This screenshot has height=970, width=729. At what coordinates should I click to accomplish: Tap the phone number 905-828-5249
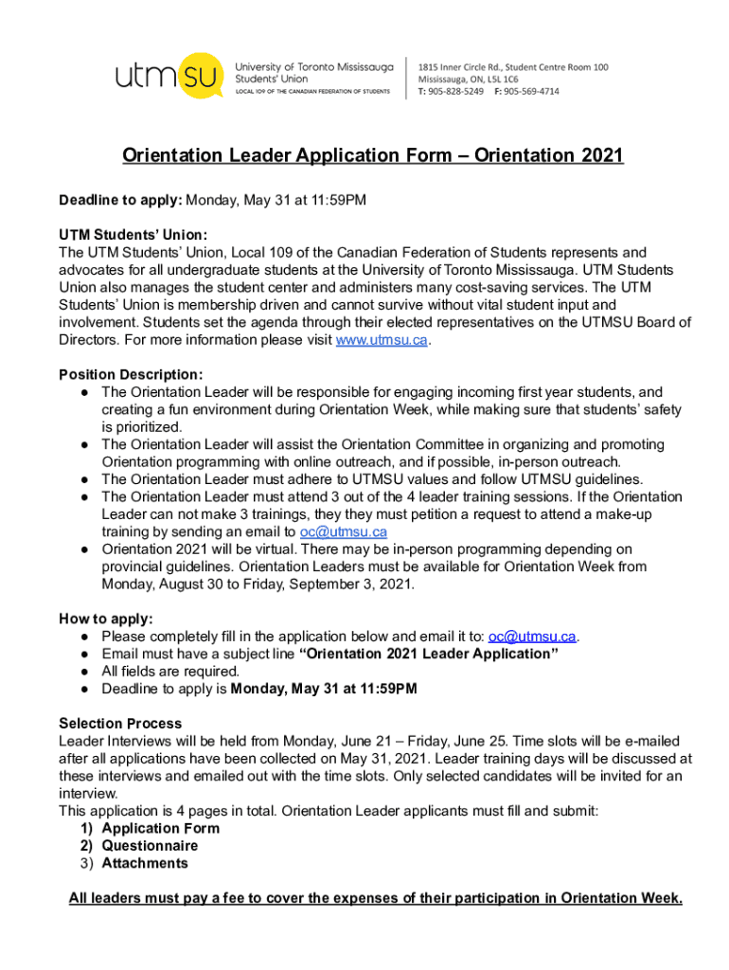point(457,92)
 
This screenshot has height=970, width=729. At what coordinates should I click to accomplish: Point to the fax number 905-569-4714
point(531,92)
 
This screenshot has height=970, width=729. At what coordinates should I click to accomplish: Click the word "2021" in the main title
point(600,155)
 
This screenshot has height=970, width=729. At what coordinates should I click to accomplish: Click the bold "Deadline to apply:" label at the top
point(120,201)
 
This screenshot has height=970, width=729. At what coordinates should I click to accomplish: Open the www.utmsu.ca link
point(382,340)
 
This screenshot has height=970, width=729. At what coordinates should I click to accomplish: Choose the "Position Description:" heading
point(131,374)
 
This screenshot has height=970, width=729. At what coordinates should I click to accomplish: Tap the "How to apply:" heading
point(106,619)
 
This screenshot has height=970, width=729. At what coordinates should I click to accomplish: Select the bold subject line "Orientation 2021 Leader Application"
point(428,654)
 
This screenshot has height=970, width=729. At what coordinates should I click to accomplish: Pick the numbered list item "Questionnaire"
point(150,846)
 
